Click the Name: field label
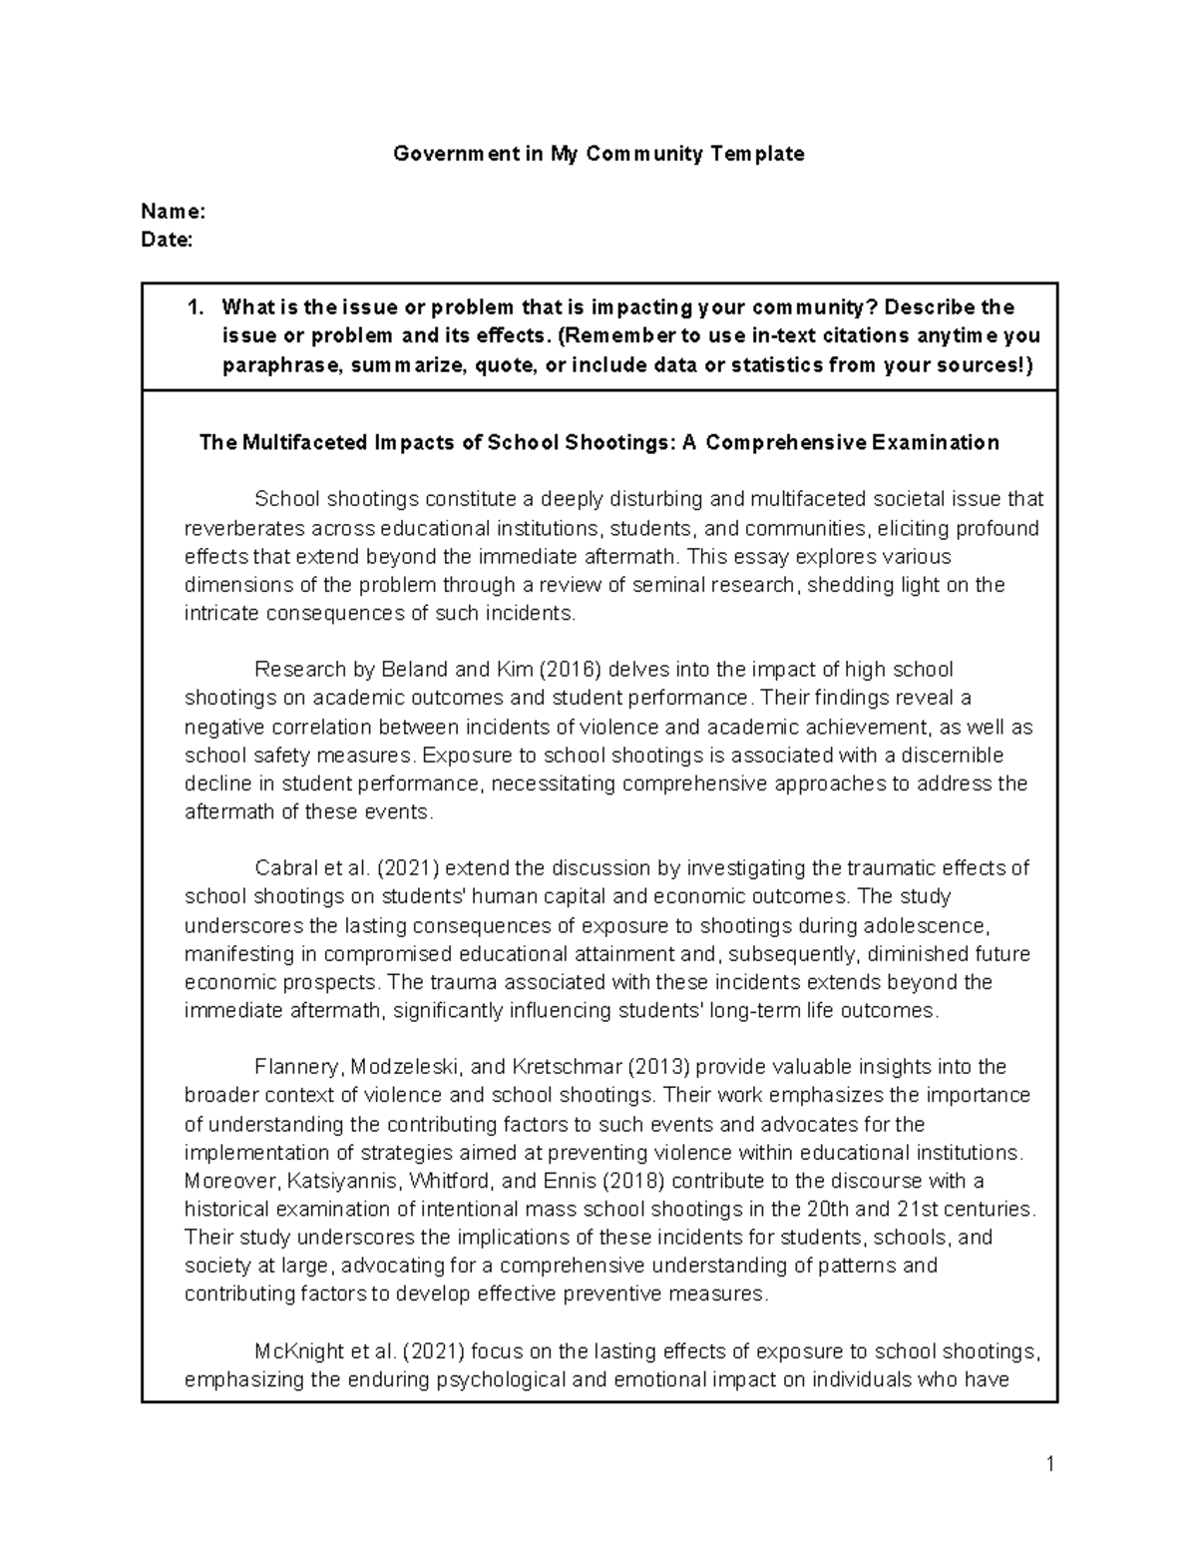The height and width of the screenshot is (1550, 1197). coord(174,212)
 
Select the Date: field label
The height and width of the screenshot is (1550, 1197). coord(167,240)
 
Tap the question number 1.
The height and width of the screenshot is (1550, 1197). coord(196,307)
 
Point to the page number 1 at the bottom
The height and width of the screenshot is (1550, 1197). coord(1049,1465)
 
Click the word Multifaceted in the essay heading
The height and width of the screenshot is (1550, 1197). coord(303,442)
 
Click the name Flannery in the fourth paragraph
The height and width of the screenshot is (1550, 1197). coord(291,1067)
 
